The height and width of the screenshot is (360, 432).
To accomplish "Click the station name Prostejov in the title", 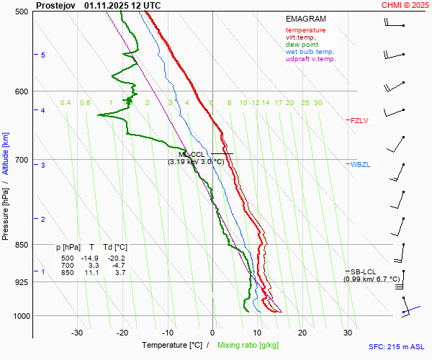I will (55, 5).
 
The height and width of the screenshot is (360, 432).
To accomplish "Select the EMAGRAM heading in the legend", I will (306, 19).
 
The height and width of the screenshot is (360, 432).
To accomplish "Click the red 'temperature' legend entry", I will (305, 30).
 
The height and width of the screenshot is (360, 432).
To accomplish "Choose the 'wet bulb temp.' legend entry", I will (310, 52).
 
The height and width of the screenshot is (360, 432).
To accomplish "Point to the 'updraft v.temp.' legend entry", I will (310, 59).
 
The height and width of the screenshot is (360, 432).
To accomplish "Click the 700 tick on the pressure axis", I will (22, 159).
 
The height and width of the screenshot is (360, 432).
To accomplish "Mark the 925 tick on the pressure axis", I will (22, 282).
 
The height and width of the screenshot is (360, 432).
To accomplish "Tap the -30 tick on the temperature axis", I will (77, 333).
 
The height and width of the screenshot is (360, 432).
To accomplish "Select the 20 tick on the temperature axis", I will (302, 333).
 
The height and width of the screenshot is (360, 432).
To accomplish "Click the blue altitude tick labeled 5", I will (43, 55).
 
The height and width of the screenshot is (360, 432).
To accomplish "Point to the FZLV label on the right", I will (359, 121).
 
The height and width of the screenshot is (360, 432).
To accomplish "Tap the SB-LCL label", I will (364, 271).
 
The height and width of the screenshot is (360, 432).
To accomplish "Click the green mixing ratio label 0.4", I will (66, 103).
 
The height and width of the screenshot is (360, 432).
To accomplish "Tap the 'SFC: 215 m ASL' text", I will (396, 346).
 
